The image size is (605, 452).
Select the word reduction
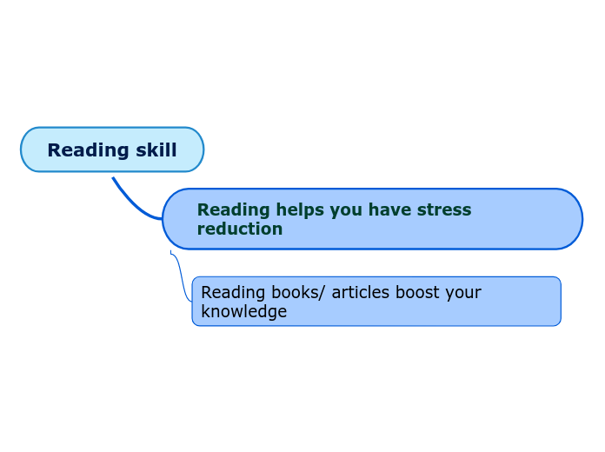(x=239, y=229)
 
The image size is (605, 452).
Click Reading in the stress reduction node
(x=233, y=209)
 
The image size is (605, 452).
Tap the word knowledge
(x=243, y=311)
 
